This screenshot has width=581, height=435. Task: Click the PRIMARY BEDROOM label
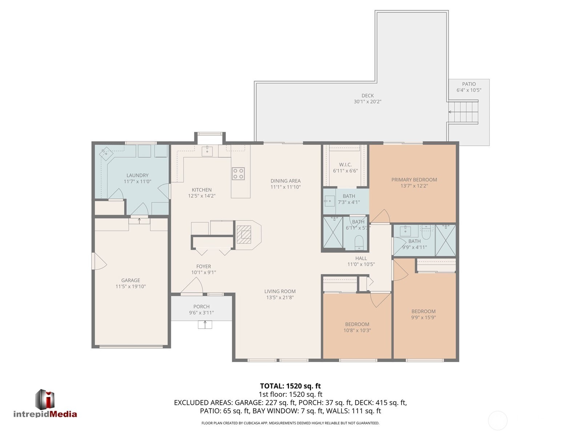tap(414, 180)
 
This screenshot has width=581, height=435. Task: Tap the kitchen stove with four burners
tap(238, 173)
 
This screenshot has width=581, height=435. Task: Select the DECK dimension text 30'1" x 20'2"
tap(367, 102)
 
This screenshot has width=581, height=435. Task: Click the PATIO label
tap(469, 84)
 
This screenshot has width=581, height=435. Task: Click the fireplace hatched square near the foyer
tap(244, 234)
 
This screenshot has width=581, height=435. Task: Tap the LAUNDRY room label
tap(137, 175)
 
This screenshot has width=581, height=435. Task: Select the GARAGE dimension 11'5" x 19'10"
tap(130, 286)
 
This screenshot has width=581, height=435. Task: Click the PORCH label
tap(201, 307)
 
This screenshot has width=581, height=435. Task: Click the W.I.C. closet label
tap(345, 165)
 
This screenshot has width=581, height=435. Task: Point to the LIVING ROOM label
tap(280, 291)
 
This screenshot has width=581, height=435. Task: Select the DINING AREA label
tap(285, 181)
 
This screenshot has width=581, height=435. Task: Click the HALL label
tap(361, 258)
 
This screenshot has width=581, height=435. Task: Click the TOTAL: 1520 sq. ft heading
tap(290, 386)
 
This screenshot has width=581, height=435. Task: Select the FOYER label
tap(203, 266)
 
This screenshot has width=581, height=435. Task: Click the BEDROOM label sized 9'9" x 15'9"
tap(423, 311)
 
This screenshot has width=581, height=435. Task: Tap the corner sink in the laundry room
tap(106, 153)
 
